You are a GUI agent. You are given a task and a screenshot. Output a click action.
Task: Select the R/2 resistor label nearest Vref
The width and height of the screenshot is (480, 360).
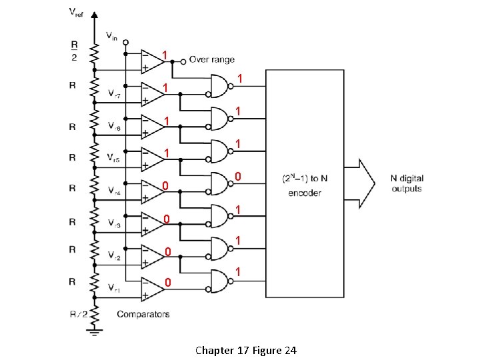tap(73, 52)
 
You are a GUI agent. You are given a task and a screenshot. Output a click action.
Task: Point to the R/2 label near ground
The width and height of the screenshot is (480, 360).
tap(77, 313)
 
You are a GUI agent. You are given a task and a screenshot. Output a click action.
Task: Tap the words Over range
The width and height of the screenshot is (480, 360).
tap(211, 59)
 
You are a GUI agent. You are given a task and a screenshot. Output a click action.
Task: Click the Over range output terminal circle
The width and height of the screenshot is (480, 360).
tap(184, 60)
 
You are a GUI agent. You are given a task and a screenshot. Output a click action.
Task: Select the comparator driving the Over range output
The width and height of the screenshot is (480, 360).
tap(153, 61)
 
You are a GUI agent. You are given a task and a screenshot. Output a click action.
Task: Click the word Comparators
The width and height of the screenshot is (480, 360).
tap(143, 314)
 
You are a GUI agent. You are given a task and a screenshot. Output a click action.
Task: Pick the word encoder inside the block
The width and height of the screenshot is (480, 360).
tap(305, 193)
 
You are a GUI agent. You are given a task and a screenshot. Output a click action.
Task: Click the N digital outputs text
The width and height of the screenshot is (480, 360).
tap(407, 183)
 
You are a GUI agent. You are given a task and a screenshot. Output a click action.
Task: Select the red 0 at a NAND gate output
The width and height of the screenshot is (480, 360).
tap(237, 176)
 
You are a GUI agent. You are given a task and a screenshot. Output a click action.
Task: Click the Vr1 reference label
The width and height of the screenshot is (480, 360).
tap(115, 289)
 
